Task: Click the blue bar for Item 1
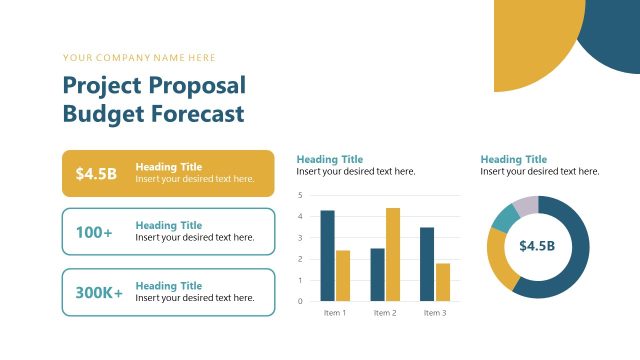[327, 256]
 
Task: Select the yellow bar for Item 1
[343, 276]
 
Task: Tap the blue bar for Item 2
[377, 275]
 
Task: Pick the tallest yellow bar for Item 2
[393, 255]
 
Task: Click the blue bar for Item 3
[427, 264]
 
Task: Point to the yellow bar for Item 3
[443, 282]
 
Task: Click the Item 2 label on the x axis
[385, 313]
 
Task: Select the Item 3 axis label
[435, 313]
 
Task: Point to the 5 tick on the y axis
[301, 195]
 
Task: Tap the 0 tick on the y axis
[301, 301]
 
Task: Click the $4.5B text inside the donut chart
[537, 246]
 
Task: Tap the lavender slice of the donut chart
[525, 206]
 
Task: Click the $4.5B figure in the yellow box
[96, 174]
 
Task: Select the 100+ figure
[94, 232]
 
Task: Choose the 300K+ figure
[99, 293]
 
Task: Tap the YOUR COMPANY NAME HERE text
[139, 58]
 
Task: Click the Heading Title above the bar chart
[330, 159]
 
